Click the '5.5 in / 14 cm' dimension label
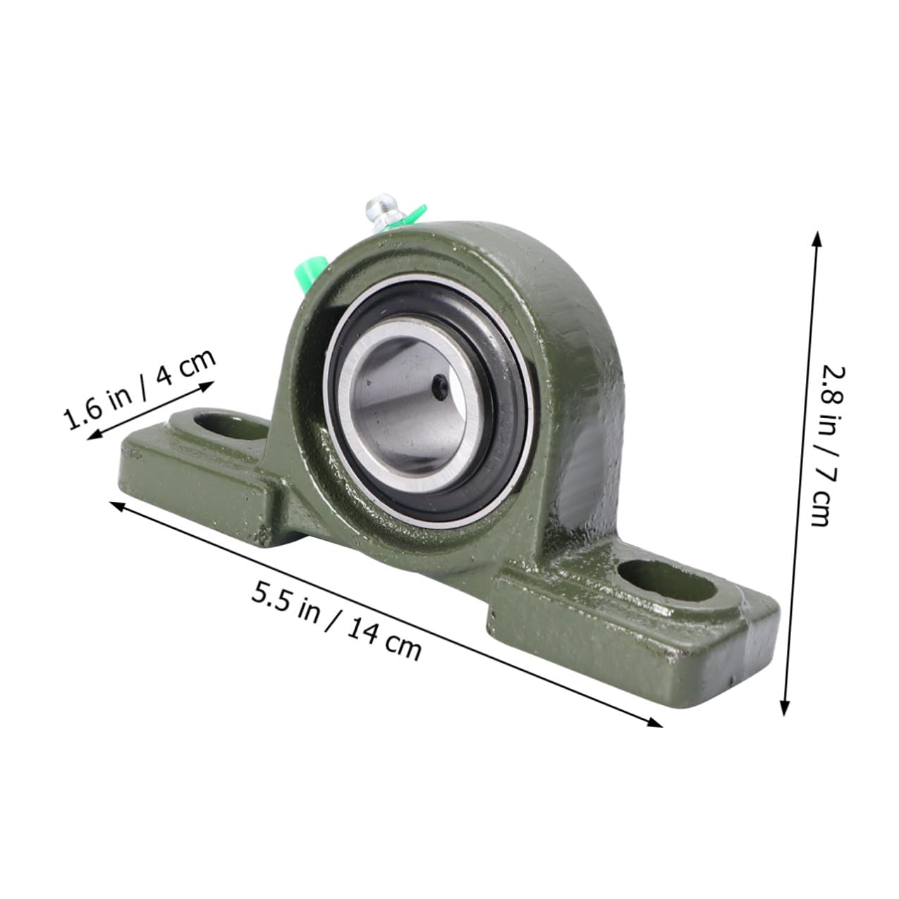click(x=336, y=619)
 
